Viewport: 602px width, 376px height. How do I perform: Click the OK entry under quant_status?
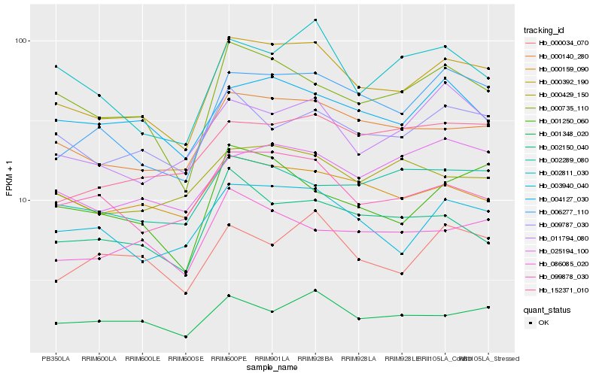543,322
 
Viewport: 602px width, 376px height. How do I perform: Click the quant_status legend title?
547,309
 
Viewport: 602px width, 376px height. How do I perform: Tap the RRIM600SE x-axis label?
185,359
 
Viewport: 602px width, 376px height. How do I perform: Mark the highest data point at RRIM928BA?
315,20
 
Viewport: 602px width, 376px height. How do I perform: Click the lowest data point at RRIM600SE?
185,337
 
